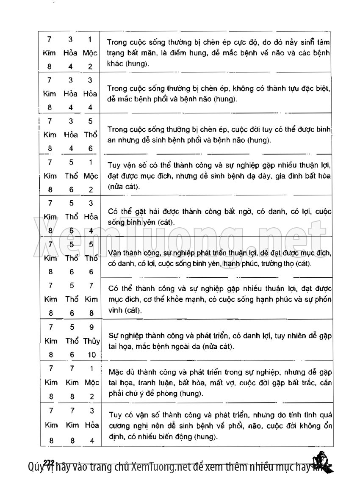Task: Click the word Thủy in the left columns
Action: (x=91, y=341)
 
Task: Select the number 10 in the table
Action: (x=91, y=355)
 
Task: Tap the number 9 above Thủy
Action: (x=91, y=327)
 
